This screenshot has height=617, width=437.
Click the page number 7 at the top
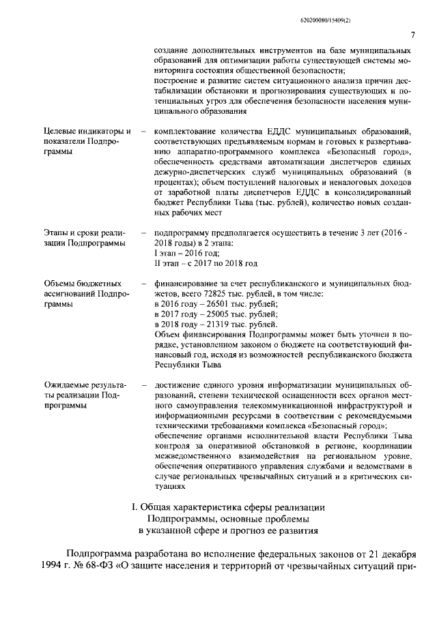coord(412,36)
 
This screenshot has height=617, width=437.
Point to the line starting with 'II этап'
coord(206,263)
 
